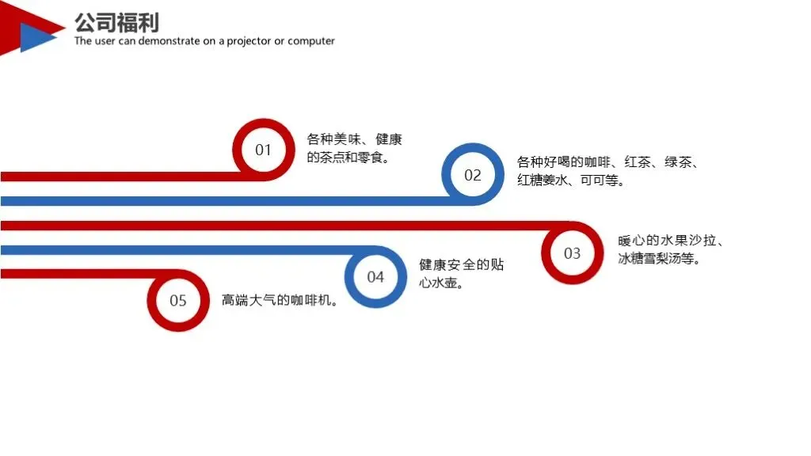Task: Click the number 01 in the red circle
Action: [x=263, y=150]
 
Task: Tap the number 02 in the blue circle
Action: [x=473, y=175]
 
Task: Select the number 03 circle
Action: [x=572, y=253]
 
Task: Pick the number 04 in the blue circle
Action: [x=375, y=277]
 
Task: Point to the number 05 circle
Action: [x=178, y=301]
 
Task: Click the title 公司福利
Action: [x=116, y=21]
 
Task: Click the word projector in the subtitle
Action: [x=249, y=41]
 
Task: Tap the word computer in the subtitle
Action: [x=311, y=41]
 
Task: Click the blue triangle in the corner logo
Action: [x=36, y=36]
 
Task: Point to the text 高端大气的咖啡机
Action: [x=280, y=301]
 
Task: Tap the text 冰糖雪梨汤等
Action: [x=658, y=259]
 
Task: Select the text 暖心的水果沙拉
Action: [x=669, y=241]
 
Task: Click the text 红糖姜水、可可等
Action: [x=570, y=180]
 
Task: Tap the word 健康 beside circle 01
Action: [x=389, y=139]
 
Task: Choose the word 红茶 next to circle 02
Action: [x=638, y=162]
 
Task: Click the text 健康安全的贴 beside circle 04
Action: [x=461, y=264]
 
